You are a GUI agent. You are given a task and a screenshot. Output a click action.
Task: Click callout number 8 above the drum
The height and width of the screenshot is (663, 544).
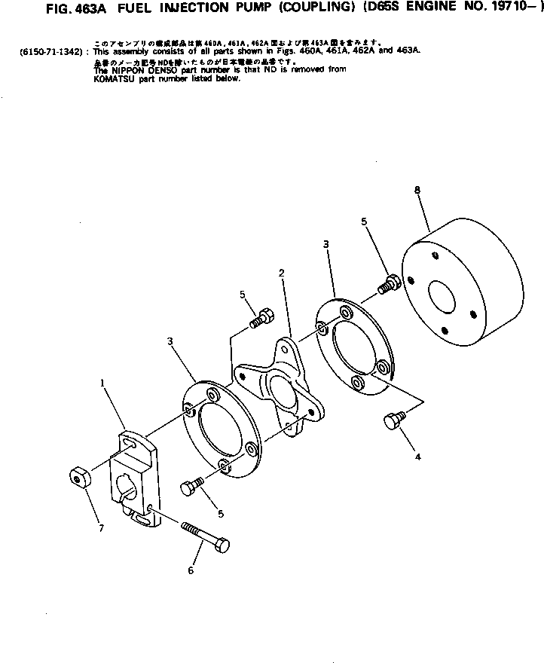[417, 191]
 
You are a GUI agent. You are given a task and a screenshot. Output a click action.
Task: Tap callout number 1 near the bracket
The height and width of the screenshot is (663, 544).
[102, 383]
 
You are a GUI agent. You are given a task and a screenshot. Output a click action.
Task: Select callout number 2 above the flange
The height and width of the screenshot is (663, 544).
[280, 271]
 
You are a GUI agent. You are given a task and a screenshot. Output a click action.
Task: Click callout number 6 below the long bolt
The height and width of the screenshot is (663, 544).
[190, 570]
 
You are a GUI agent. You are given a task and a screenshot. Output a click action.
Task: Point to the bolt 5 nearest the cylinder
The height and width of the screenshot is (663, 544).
[390, 285]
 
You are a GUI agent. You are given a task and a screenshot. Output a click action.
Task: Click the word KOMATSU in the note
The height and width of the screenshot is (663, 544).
[113, 78]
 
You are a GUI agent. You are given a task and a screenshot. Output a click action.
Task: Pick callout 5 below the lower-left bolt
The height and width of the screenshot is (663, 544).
[221, 514]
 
